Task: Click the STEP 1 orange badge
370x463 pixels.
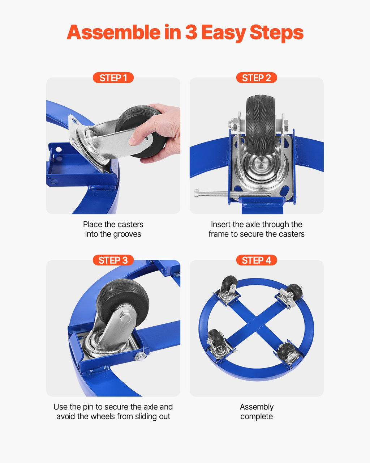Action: [x=113, y=78]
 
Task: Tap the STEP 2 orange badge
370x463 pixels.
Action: [x=257, y=78]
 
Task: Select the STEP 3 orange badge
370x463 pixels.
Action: [x=113, y=260]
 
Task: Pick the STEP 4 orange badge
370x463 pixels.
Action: [x=257, y=260]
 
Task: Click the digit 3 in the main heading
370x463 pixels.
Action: [x=191, y=32]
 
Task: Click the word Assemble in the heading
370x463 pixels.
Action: [x=113, y=32]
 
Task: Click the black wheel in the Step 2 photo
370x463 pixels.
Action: [x=261, y=125]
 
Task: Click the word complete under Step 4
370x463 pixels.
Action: [x=257, y=417]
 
